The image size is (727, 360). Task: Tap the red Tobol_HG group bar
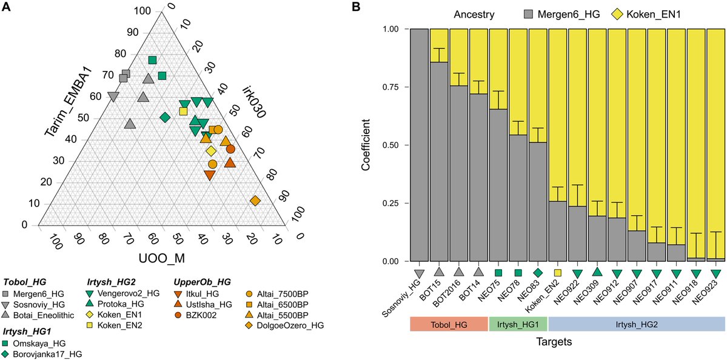449,324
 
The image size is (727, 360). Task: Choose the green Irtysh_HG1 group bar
518,324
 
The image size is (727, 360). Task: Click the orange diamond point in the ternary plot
255,201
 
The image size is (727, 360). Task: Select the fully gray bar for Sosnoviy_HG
419,145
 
